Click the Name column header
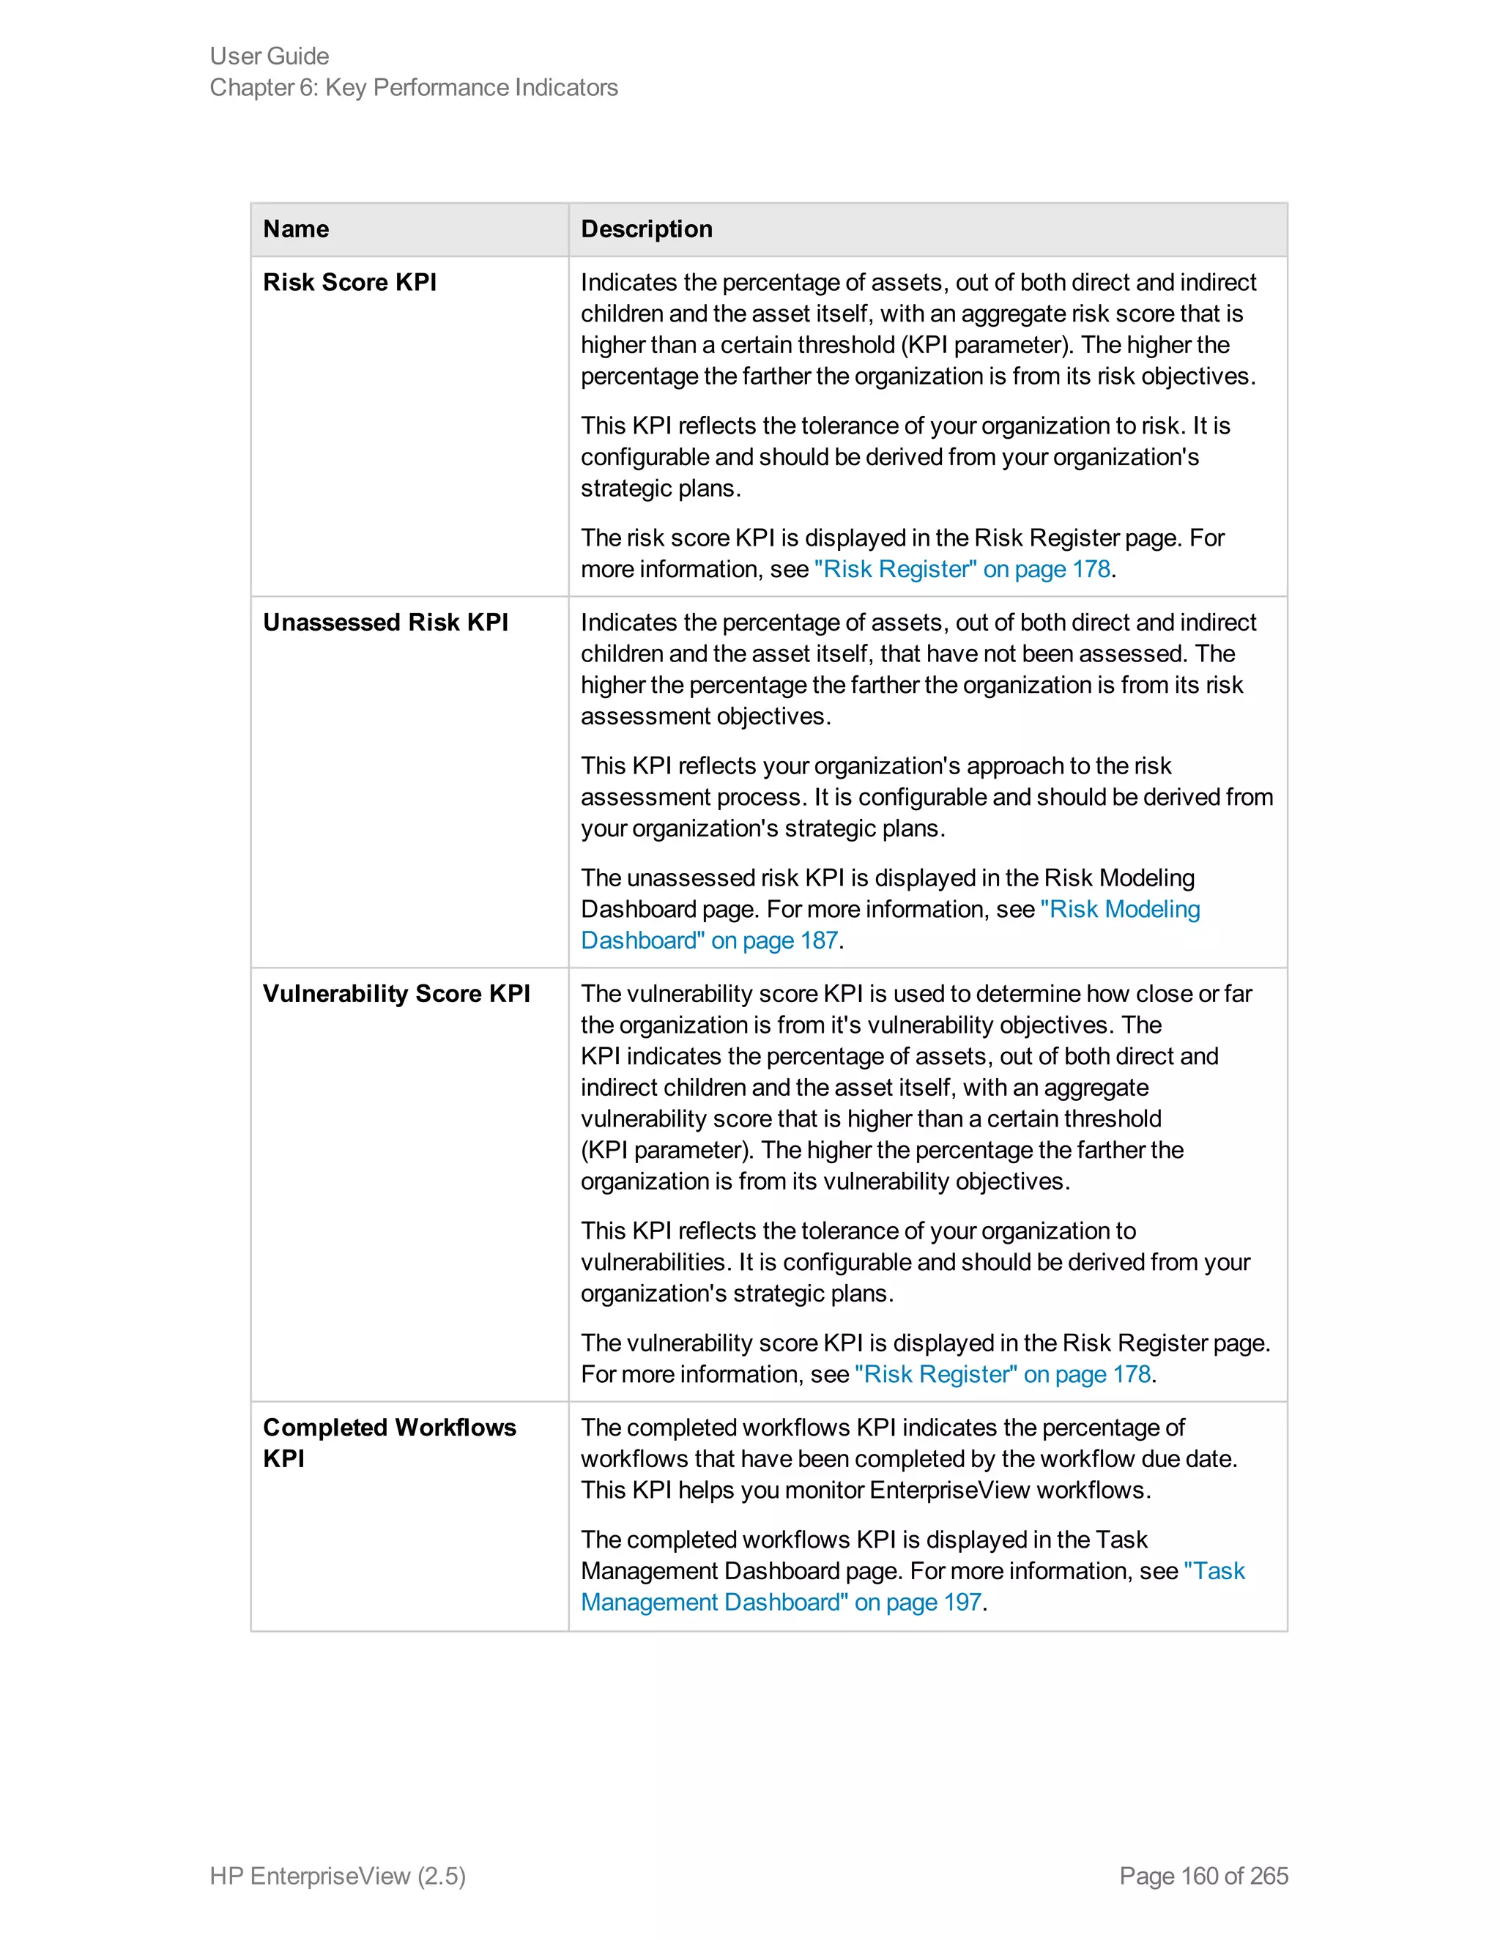(296, 229)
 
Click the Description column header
(646, 229)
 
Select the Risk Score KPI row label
(349, 283)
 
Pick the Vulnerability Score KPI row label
(396, 994)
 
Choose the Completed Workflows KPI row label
(388, 1441)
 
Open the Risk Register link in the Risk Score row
(962, 569)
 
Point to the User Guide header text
(270, 56)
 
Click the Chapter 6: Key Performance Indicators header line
(413, 87)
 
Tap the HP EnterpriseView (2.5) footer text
(338, 1875)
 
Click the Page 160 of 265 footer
(1203, 1875)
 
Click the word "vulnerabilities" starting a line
(655, 1262)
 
